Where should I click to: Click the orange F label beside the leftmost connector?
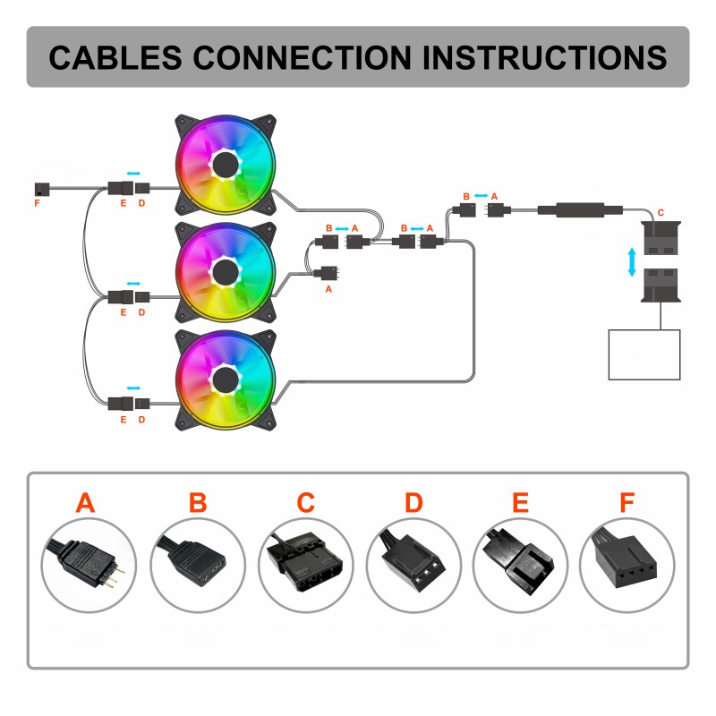[x=37, y=204]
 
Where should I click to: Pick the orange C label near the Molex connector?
[x=661, y=212]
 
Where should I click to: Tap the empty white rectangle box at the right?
[x=644, y=354]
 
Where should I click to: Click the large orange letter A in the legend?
[x=85, y=502]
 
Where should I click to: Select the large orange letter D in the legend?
[x=413, y=502]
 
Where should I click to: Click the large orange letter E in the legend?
[x=520, y=502]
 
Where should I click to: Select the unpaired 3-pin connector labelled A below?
[x=328, y=271]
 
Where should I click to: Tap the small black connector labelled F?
[x=40, y=188]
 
